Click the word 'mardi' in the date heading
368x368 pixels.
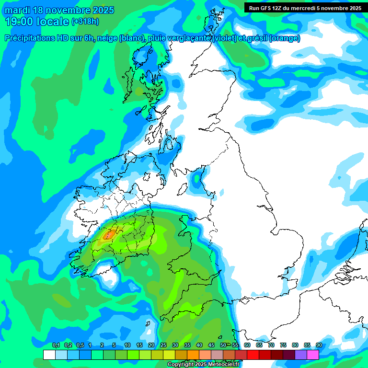[x=17, y=10]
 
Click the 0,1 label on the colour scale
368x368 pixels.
[x=56, y=345]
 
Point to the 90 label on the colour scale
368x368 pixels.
[x=319, y=345]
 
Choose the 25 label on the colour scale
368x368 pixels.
[x=163, y=345]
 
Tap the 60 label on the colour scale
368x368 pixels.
[x=247, y=345]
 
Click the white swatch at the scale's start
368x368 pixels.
[x=49, y=355]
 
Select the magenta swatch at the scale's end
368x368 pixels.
[x=313, y=355]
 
